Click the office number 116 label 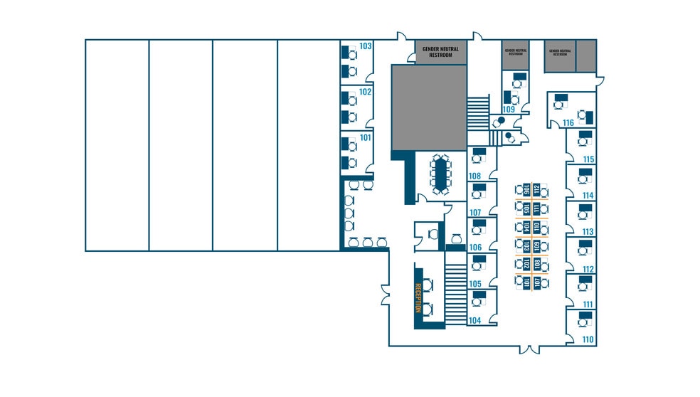568,123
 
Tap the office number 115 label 588,159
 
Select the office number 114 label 588,196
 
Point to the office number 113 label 588,232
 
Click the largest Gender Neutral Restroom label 441,52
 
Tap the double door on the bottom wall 528,349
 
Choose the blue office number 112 588,269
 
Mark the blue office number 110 588,340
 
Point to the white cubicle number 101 527,282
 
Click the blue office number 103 366,46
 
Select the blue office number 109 509,110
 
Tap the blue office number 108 474,176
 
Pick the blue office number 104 474,321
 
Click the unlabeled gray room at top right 585,55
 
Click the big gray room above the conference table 429,107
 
